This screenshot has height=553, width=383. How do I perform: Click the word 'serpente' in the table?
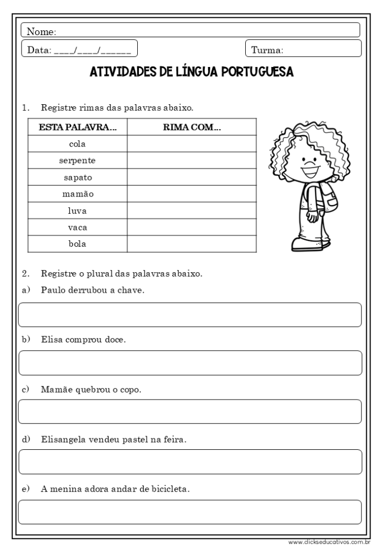coord(77,160)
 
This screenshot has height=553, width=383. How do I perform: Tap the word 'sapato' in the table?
coord(77,177)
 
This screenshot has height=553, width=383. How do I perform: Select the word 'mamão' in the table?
coord(77,193)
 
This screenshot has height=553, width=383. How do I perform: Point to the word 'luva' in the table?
coord(77,210)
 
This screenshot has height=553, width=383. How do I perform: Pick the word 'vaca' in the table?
coord(77,227)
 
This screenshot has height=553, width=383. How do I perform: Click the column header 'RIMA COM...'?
coord(192,127)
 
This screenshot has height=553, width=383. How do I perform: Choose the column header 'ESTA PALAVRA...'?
coord(77,127)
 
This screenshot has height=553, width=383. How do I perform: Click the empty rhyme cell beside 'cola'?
coord(192,144)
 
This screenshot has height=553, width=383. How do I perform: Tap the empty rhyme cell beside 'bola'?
coord(192,244)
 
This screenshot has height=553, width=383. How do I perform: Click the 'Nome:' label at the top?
coord(42,32)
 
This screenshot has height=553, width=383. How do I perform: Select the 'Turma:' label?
coord(267,51)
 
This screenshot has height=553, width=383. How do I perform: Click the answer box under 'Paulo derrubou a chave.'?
coord(190,315)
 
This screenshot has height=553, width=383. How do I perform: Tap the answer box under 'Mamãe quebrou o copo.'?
coord(190,412)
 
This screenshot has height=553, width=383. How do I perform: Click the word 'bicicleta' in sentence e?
coord(169,490)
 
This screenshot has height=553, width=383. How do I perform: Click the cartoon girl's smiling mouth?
coord(309,173)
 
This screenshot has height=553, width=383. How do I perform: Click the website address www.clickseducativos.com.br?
coord(328,542)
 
